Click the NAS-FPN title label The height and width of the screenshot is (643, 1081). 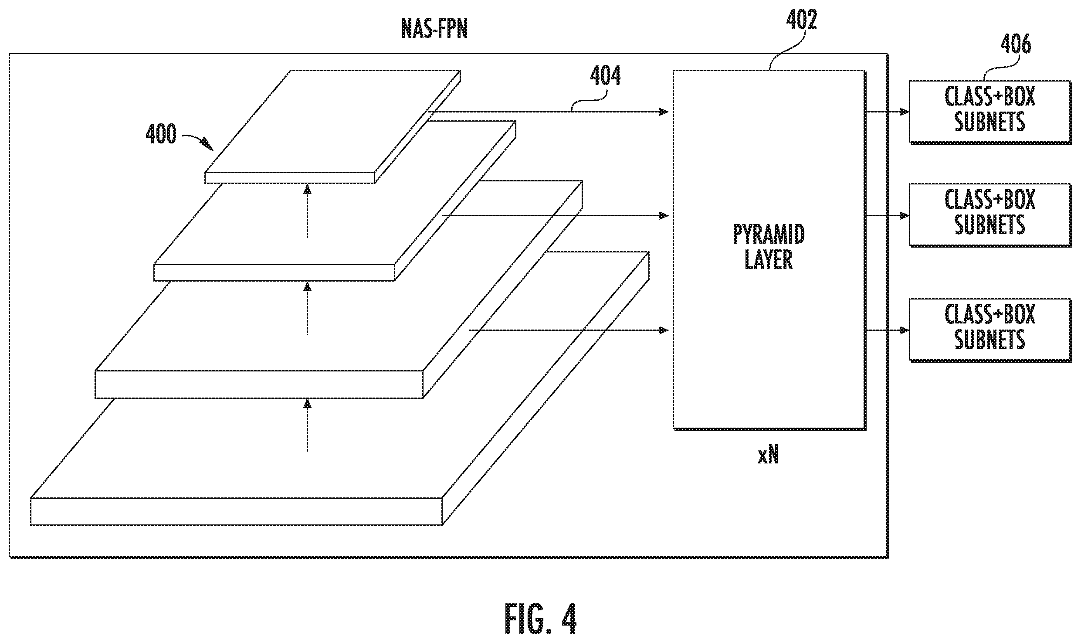434,30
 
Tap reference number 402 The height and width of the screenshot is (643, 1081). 801,20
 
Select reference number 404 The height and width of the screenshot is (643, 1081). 605,76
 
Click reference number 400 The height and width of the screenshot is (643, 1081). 161,134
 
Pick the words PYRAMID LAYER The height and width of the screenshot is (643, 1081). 769,247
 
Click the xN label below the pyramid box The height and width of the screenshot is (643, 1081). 768,456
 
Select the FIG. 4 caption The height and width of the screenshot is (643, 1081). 540,618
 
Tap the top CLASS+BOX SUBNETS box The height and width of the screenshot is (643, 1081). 990,112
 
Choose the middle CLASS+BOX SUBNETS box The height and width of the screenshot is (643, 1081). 990,214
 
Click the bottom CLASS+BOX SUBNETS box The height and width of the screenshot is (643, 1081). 990,330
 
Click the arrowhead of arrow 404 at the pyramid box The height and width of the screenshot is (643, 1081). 663,112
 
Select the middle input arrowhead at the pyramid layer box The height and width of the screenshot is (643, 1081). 663,215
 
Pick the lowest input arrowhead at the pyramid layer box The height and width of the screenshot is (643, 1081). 663,330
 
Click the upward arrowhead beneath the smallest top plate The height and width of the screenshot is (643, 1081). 308,189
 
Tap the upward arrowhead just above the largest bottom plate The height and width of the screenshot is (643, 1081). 308,404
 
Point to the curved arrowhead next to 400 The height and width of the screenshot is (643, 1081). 208,144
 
